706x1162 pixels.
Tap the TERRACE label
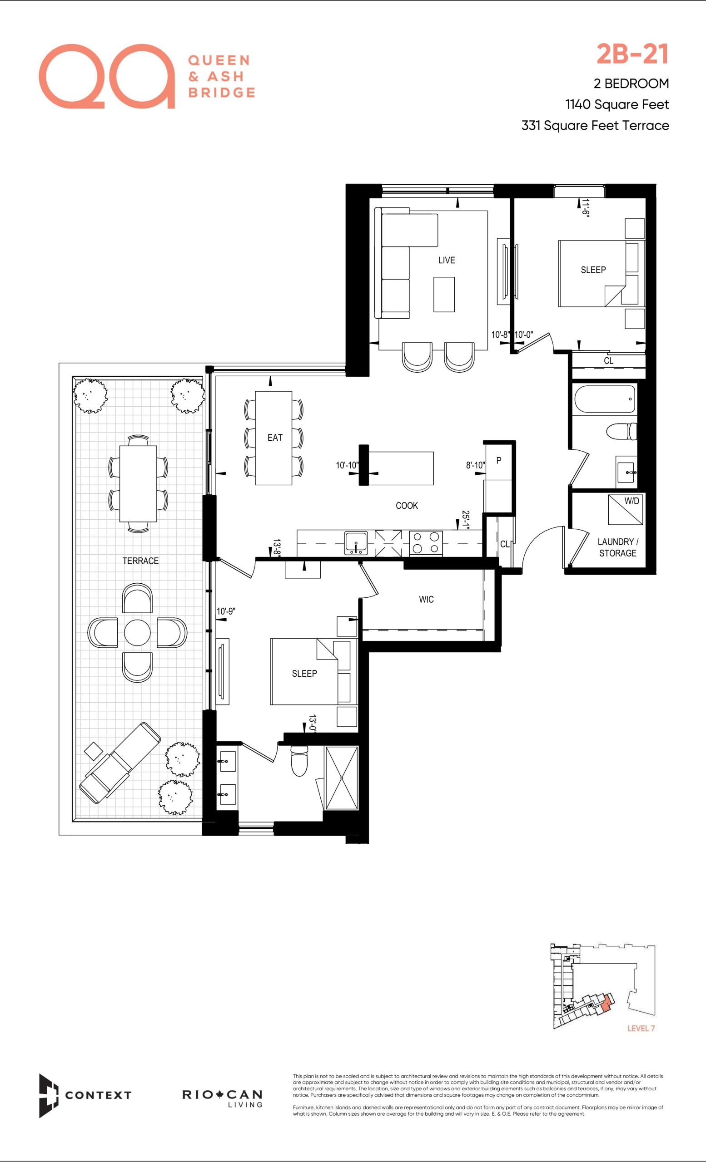140,561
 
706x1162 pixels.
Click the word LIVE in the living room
447,261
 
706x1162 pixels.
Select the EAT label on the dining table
275,438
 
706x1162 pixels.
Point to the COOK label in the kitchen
407,506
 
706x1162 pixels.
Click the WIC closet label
426,600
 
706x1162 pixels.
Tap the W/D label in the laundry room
632,501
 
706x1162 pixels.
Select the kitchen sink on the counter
356,543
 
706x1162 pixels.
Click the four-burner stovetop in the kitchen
426,543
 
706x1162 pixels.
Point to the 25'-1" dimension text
465,520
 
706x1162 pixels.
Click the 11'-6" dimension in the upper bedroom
586,207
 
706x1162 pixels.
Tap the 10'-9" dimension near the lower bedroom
226,612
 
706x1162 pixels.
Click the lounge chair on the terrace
120,762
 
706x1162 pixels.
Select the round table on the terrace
137,632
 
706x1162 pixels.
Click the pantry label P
499,460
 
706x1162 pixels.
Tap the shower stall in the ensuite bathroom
342,778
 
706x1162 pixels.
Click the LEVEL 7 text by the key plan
641,1028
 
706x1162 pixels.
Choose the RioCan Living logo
222,1098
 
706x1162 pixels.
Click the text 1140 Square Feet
617,104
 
